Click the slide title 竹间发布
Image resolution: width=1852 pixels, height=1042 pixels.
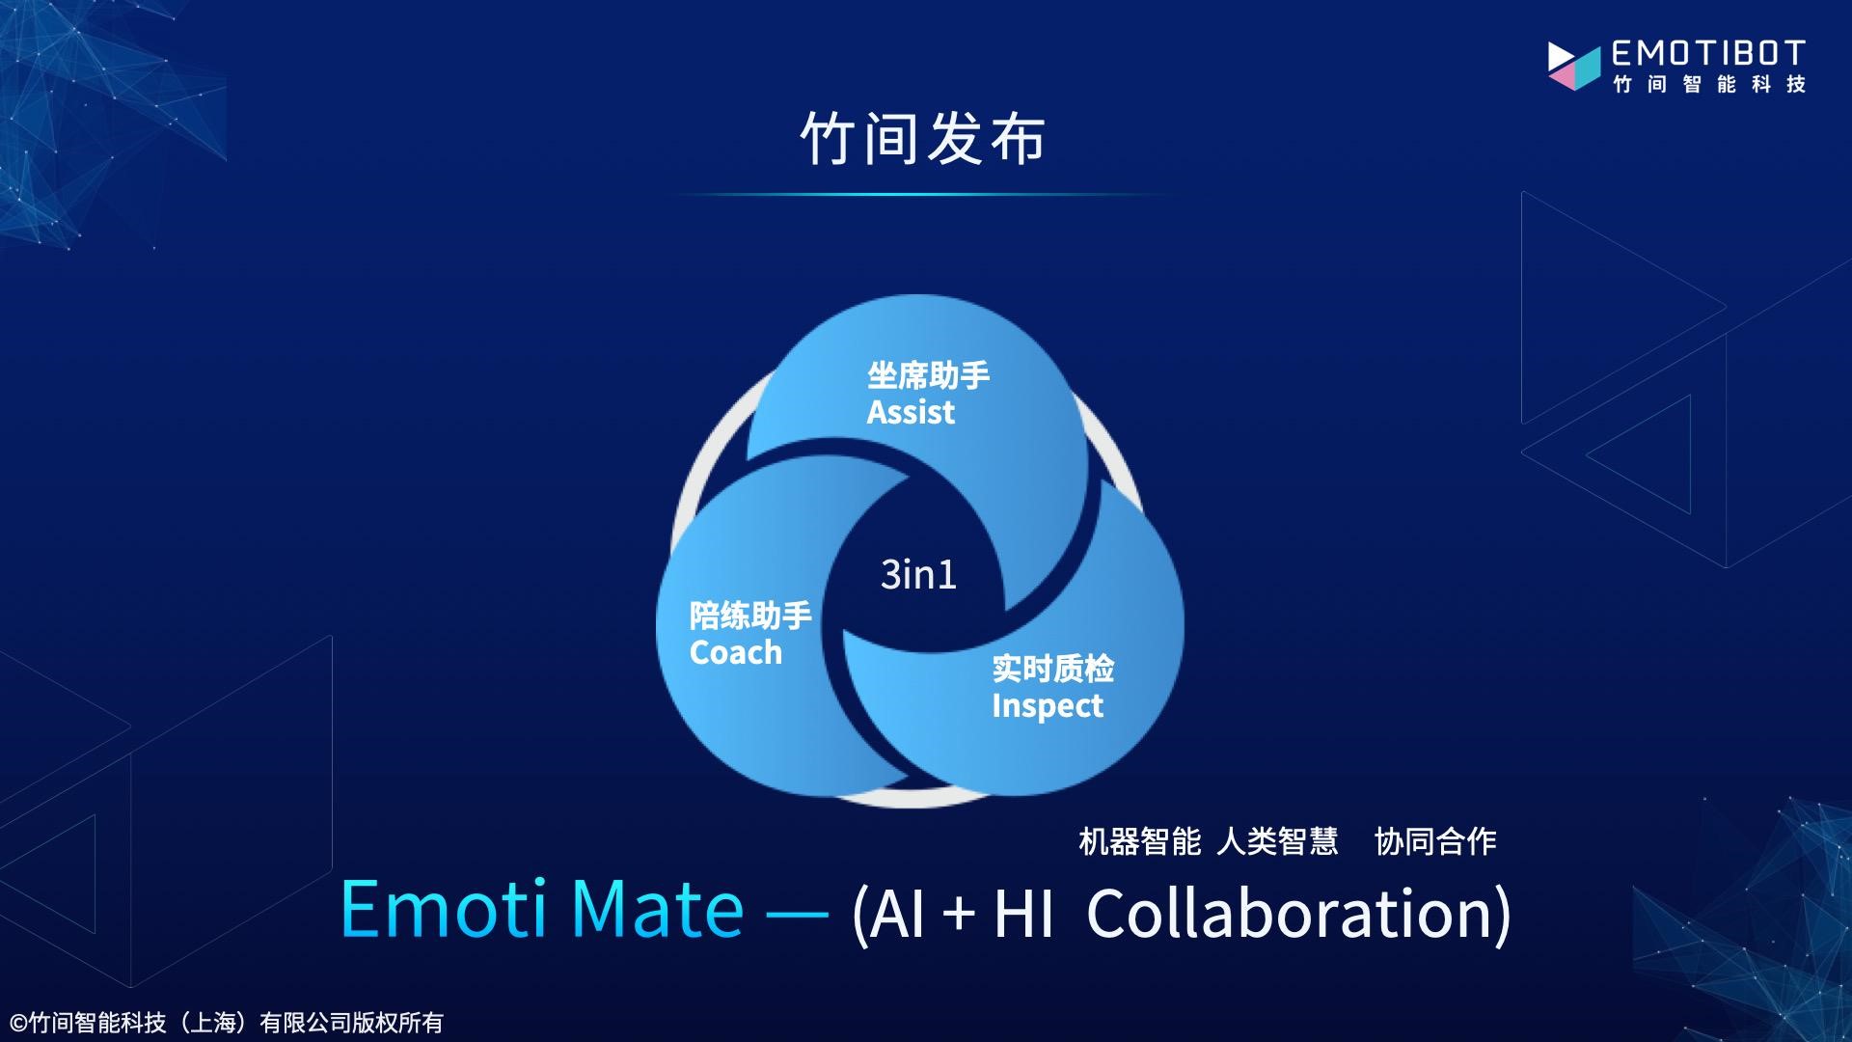click(923, 139)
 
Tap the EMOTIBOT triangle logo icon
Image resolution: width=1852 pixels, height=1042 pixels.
click(1573, 66)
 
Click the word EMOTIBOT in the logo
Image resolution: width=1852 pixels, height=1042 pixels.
click(1708, 53)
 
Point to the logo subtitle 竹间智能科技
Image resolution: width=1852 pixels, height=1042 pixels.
click(1709, 85)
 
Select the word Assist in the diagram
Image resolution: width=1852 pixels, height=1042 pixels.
click(911, 413)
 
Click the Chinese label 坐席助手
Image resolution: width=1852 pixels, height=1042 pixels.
click(928, 375)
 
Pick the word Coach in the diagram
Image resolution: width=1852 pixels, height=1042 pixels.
click(735, 653)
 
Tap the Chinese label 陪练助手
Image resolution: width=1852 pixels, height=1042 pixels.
click(750, 616)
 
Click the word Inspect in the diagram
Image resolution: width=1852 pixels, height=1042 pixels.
click(1047, 706)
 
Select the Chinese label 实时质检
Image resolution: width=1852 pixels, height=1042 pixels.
click(1052, 669)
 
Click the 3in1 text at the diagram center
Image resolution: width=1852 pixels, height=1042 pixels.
click(918, 575)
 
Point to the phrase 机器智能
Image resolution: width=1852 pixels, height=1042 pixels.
click(1139, 841)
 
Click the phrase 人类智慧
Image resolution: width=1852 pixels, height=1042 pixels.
click(1277, 841)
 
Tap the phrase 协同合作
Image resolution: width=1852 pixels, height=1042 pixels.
click(1435, 841)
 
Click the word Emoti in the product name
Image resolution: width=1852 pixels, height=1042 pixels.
click(444, 909)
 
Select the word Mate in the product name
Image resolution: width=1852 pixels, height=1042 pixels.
click(657, 909)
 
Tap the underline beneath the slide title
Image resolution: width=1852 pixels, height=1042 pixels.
click(923, 195)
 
